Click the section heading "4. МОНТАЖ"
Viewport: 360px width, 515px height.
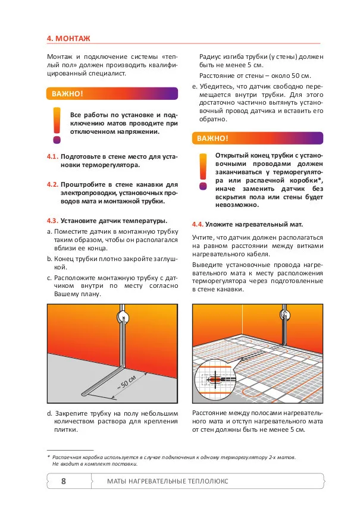[68, 39]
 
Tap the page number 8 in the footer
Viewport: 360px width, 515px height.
[64, 481]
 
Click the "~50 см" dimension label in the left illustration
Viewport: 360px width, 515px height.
[127, 382]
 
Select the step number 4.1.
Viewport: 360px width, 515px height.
[52, 156]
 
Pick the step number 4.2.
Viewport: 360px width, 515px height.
[52, 184]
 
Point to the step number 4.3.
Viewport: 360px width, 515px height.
[52, 221]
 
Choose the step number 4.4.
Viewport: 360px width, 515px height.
[198, 224]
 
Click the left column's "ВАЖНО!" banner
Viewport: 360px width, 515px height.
[112, 93]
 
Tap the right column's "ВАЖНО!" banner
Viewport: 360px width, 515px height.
[258, 139]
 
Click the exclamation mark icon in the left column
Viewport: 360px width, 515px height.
[57, 125]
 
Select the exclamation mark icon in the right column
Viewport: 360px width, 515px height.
[203, 171]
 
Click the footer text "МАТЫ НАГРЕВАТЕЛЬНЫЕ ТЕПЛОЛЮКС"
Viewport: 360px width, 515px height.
[168, 482]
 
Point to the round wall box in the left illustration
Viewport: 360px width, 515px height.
[123, 318]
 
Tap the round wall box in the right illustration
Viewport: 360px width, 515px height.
[285, 315]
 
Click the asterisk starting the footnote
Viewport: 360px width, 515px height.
[49, 457]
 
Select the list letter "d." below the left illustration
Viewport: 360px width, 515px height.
[49, 413]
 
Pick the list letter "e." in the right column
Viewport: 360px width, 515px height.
[195, 87]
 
